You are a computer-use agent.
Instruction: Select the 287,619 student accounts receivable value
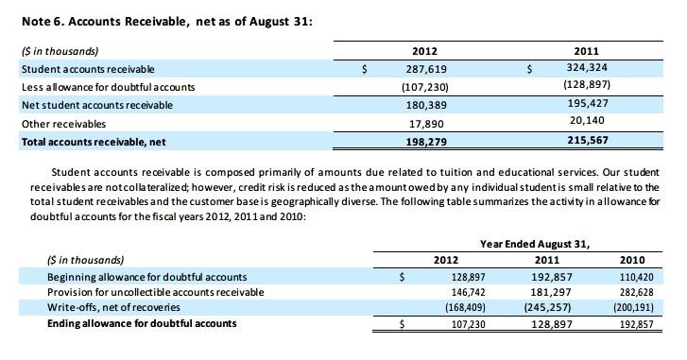tap(425, 69)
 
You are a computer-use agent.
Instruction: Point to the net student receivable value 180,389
tap(425, 105)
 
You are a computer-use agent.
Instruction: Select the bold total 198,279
tap(425, 142)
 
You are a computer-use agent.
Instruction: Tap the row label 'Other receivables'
tap(63, 123)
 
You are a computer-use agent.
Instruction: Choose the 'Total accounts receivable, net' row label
tap(93, 142)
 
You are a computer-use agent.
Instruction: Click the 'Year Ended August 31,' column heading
tap(533, 243)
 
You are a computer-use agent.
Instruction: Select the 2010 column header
tap(632, 260)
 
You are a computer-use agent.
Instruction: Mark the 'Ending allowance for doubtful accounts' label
tap(142, 324)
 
